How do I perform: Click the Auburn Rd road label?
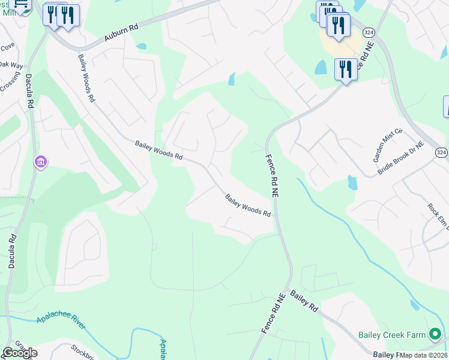click(x=121, y=32)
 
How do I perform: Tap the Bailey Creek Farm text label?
click(x=392, y=335)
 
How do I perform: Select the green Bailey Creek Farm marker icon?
click(x=435, y=335)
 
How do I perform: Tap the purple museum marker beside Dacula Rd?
click(x=41, y=162)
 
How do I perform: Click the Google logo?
click(x=19, y=352)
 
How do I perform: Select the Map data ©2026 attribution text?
click(x=423, y=355)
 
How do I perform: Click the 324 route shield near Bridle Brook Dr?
click(x=441, y=153)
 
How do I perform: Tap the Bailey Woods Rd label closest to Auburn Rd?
click(x=86, y=77)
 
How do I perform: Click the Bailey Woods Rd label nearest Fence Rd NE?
click(x=248, y=205)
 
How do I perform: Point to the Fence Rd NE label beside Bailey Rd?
click(x=271, y=313)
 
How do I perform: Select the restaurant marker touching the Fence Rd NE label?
click(x=346, y=70)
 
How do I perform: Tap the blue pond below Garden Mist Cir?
click(x=352, y=182)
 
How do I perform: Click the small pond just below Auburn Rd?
click(x=141, y=46)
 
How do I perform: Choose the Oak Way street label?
click(x=10, y=64)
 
